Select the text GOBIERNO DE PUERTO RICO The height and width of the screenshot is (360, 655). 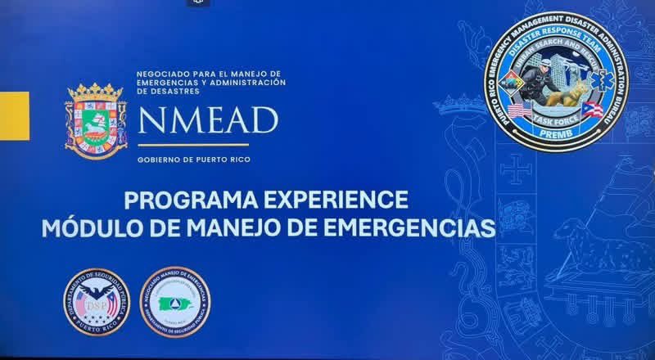(191, 160)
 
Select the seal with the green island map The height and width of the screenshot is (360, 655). (175, 302)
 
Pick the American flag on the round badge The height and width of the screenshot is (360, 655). (517, 109)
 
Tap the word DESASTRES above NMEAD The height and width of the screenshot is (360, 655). (159, 92)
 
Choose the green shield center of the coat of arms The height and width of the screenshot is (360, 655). (96, 125)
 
